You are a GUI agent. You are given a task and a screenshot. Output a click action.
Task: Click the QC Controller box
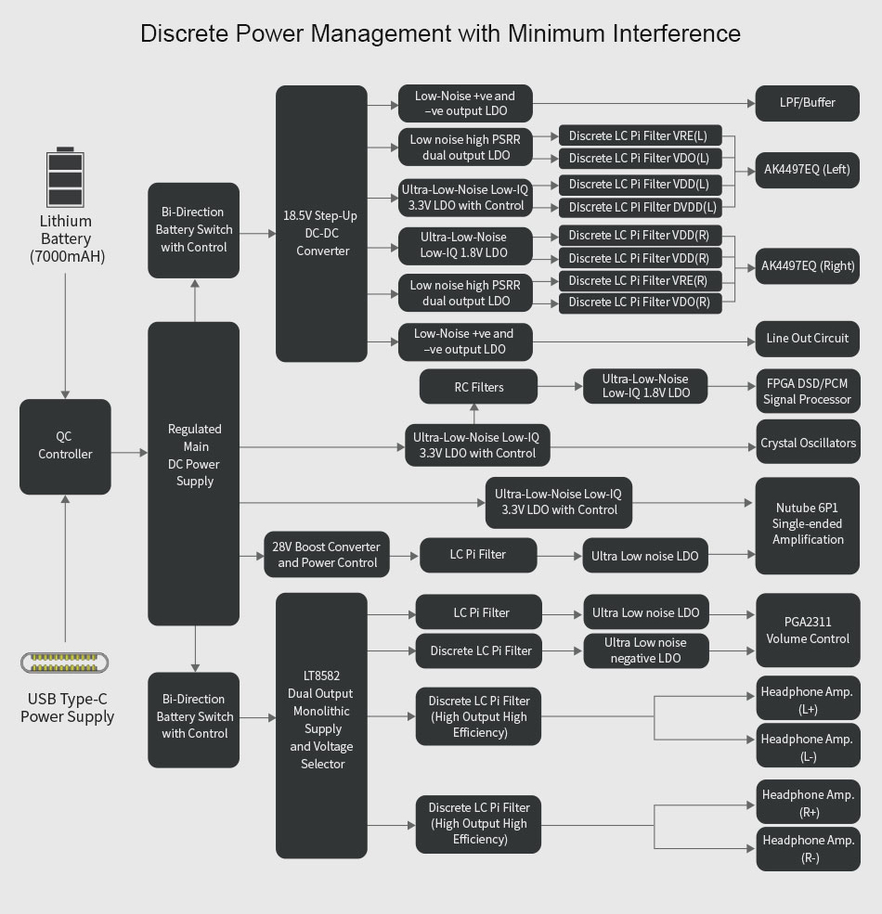(65, 446)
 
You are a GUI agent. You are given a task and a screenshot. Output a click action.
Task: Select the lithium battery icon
(65, 177)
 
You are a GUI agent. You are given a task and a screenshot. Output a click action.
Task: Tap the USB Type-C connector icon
(65, 663)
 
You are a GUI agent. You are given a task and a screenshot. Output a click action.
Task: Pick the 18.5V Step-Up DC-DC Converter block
(322, 223)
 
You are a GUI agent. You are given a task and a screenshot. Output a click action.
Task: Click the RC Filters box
(479, 387)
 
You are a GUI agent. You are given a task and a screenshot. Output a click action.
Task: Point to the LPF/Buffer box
(807, 103)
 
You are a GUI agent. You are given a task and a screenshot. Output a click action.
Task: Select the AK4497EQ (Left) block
(807, 170)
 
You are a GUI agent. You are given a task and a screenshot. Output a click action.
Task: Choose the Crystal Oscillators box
(807, 444)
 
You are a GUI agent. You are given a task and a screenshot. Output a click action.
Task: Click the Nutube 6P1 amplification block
(807, 525)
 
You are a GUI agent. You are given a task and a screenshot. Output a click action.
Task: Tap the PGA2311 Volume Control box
(807, 630)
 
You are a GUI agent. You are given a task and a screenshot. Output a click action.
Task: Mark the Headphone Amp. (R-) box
(807, 849)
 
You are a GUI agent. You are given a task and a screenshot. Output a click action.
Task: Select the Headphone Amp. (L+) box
(807, 699)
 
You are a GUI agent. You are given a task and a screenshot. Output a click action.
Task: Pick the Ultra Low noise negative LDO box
(645, 650)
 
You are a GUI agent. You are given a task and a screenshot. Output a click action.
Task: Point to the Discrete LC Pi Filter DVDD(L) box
(641, 207)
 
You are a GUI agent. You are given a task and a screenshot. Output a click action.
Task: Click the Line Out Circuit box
(807, 339)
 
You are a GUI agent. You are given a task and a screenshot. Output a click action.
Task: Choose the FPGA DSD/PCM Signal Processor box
(807, 391)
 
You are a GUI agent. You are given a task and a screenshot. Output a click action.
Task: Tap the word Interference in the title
(677, 34)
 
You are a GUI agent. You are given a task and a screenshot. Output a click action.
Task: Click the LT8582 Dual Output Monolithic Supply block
(322, 720)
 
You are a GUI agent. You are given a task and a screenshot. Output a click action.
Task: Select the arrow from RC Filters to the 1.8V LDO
(560, 387)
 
